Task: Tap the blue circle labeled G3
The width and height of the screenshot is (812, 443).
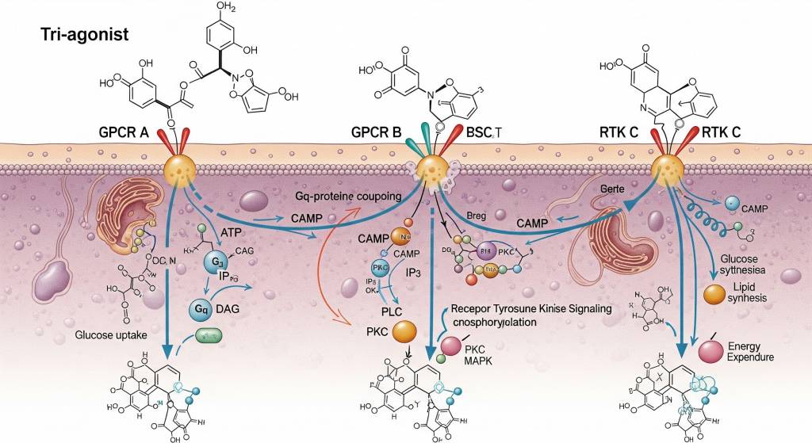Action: coord(216,262)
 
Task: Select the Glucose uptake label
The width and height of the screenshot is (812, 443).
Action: coord(111,335)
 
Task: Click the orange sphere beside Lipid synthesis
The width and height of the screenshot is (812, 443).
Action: coord(715,294)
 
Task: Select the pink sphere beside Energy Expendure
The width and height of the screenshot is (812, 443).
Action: coord(710,351)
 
